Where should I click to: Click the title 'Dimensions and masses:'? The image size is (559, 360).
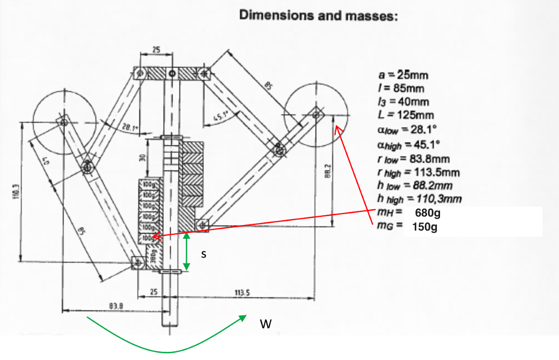319,15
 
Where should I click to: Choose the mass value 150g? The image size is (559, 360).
425,226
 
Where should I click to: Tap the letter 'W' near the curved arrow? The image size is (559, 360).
265,324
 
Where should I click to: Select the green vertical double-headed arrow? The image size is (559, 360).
187,251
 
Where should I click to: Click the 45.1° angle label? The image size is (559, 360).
219,116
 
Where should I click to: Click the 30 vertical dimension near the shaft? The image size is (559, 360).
141,158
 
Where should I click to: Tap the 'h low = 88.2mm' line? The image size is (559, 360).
414,186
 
